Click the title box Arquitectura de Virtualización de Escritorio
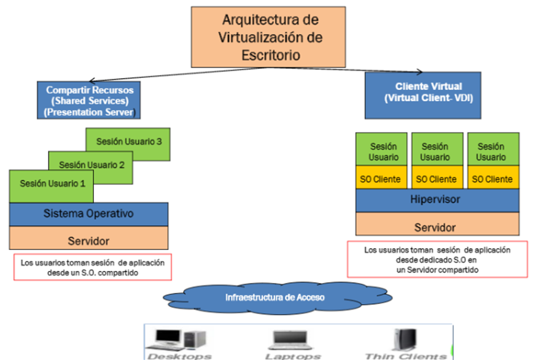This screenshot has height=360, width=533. coord(270,37)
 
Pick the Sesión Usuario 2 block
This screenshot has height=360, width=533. coord(91,165)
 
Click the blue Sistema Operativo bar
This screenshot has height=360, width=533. coord(88,214)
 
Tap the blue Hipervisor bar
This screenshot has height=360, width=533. coord(435,200)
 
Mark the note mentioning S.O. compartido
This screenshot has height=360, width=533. coord(92,267)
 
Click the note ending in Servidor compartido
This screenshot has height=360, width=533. coord(437,259)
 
